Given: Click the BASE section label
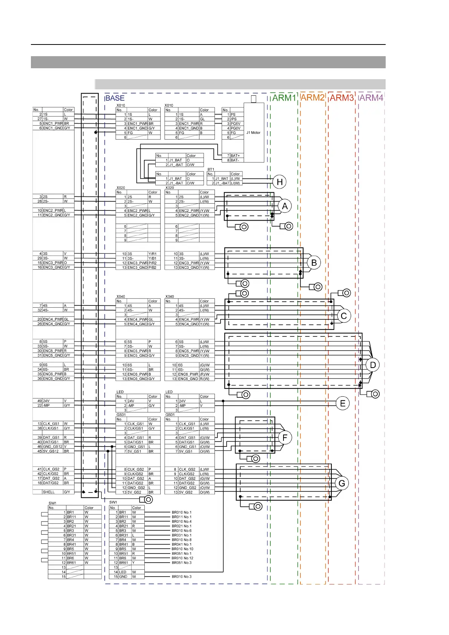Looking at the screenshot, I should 115,98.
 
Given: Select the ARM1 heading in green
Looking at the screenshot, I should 284,98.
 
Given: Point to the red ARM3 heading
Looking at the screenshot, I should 342,98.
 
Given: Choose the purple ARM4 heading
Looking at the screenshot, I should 371,98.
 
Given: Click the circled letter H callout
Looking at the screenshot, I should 280,182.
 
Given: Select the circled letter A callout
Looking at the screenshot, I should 285,206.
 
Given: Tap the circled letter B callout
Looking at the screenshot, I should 314,263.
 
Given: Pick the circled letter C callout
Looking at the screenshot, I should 343,316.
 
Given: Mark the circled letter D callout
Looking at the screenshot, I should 373,365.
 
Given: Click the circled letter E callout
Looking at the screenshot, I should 343,403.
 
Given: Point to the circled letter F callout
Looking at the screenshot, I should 285,438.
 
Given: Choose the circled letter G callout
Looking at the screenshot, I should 342,483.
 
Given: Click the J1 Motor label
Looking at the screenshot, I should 253,133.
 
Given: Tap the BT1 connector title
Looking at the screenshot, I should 211,169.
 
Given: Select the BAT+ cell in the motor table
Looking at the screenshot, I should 235,156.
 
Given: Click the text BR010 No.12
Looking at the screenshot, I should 182,558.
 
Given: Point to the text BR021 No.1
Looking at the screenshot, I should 182,526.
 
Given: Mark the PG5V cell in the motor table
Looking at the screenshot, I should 236,124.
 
